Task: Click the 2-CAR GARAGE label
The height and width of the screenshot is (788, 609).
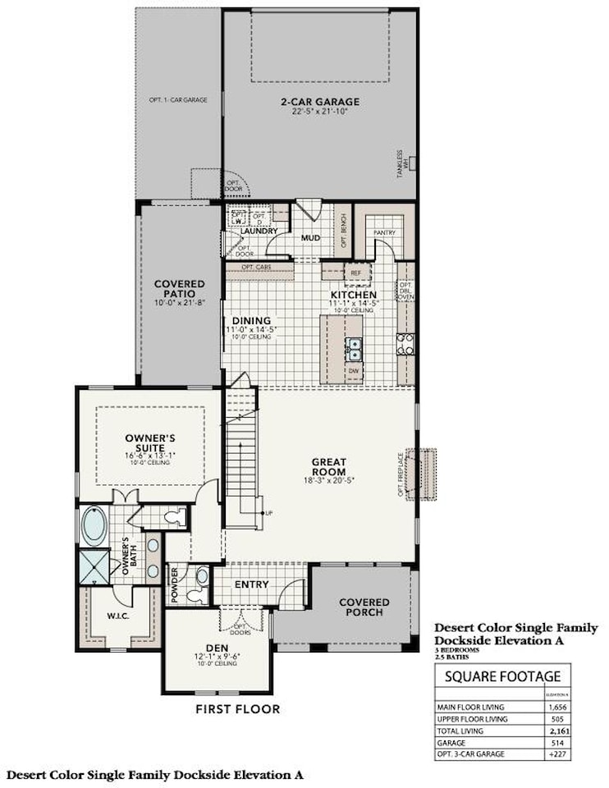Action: coord(320,102)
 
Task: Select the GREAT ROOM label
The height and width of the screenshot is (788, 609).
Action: coord(327,462)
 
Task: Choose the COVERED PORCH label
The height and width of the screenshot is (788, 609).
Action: coord(365,608)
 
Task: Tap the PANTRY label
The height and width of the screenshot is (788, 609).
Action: coord(384,233)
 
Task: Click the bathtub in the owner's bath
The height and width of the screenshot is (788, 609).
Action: coord(94,526)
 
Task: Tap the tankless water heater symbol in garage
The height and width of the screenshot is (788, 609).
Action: coord(414,163)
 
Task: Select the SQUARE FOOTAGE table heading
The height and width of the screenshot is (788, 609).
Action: coord(503,676)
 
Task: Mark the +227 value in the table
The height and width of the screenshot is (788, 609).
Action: coord(557,753)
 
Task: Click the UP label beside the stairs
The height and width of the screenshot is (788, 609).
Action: coord(268,513)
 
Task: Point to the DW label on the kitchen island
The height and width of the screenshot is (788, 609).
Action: coord(354,371)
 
